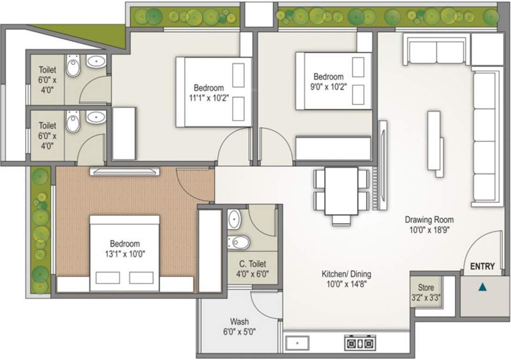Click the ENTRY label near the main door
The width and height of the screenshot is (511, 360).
[482, 266]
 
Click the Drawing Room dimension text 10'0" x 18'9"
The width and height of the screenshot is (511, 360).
[429, 230]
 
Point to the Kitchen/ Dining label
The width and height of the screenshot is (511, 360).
[346, 274]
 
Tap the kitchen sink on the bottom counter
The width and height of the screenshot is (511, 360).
[296, 343]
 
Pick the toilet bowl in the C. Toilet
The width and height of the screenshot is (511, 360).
[240, 242]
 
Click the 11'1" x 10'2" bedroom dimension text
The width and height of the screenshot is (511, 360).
[209, 97]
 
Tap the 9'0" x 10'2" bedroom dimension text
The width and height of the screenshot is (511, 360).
[328, 86]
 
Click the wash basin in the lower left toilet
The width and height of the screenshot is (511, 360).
[96, 117]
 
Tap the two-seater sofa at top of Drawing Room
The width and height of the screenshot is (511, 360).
[436, 51]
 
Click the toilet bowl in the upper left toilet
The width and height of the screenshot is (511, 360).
[73, 68]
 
